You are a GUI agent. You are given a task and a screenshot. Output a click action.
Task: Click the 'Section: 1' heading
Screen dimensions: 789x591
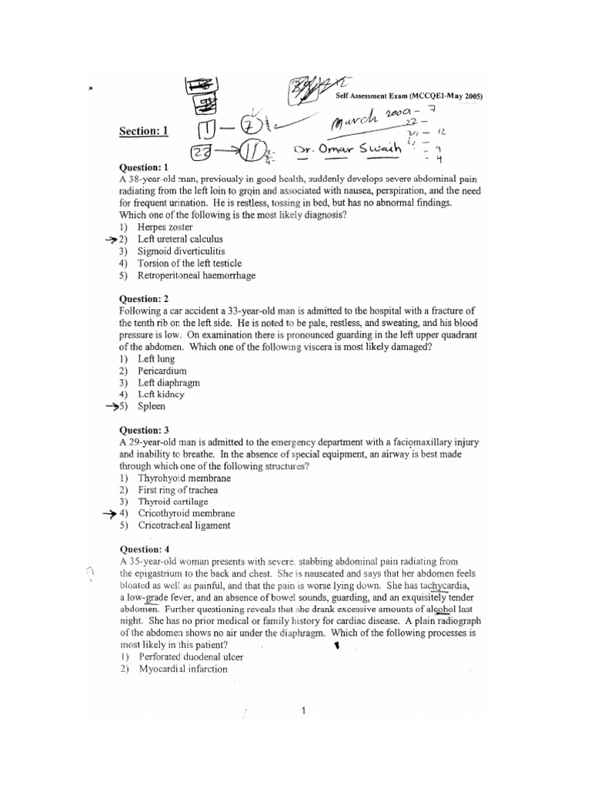(143, 132)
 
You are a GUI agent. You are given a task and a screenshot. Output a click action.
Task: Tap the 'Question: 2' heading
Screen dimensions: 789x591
(144, 298)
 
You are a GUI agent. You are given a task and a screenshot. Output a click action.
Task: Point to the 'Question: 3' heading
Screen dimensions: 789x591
(144, 429)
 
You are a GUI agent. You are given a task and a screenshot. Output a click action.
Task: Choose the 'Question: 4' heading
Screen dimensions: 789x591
(144, 549)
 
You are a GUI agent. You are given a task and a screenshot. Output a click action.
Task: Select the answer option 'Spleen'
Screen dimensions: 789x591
(152, 406)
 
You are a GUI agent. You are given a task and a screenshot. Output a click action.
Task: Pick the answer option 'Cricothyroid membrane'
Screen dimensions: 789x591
(186, 513)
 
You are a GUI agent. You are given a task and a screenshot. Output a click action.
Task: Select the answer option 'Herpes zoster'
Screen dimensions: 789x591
(165, 228)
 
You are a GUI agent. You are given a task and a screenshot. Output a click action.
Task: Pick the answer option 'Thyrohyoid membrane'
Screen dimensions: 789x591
(184, 478)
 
